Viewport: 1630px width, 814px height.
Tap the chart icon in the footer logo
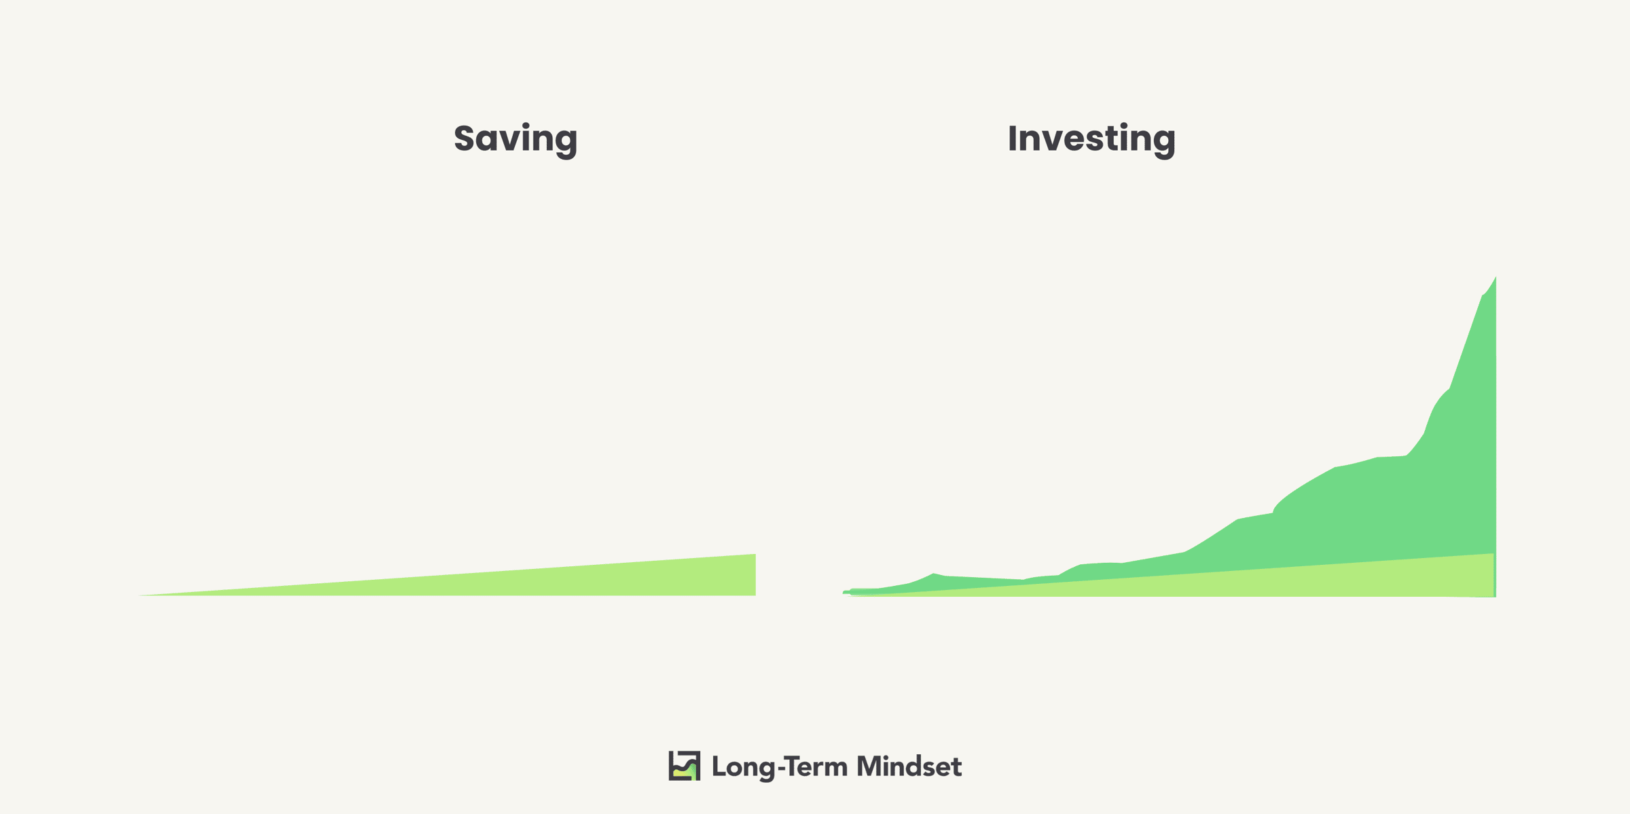684,766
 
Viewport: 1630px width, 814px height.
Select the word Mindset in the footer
909,766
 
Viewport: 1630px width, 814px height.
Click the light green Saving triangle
611,580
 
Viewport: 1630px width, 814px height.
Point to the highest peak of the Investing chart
1496,278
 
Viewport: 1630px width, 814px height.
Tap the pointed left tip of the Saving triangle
140,595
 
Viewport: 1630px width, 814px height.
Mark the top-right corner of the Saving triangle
755,555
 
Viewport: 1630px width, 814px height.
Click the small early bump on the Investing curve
935,574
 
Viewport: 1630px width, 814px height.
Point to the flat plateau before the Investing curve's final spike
1391,457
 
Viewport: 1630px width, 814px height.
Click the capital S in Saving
465,138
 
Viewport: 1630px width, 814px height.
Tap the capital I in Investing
1013,138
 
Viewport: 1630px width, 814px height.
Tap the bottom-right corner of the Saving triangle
755,595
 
